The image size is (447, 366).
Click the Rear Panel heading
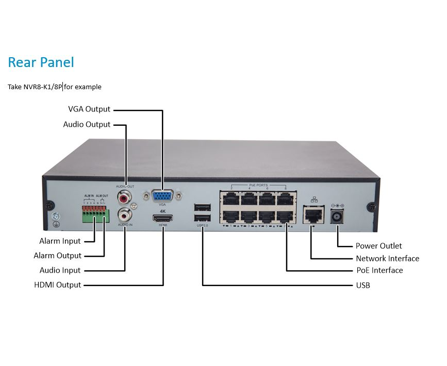pyautogui.click(x=41, y=62)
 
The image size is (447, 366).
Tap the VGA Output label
pyautogui.click(x=89, y=109)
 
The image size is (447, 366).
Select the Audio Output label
pyautogui.click(x=87, y=124)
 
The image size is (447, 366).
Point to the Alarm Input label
pyautogui.click(x=60, y=241)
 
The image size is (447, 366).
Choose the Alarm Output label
pyautogui.click(x=57, y=256)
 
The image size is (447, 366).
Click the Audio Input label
pyautogui.click(x=60, y=270)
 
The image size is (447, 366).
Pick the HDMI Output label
pyautogui.click(x=57, y=285)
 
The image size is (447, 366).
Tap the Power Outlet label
pyautogui.click(x=378, y=246)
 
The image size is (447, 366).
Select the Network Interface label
pyautogui.click(x=387, y=258)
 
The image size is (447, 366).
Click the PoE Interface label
pyautogui.click(x=379, y=270)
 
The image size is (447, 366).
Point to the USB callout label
pyautogui.click(x=362, y=285)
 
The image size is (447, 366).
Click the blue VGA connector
pyautogui.click(x=162, y=197)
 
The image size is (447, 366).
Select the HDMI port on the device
pyautogui.click(x=162, y=218)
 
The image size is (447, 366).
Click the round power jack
pyautogui.click(x=338, y=217)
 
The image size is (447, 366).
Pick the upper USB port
pyautogui.click(x=203, y=208)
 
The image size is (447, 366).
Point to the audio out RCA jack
pyautogui.click(x=124, y=196)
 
